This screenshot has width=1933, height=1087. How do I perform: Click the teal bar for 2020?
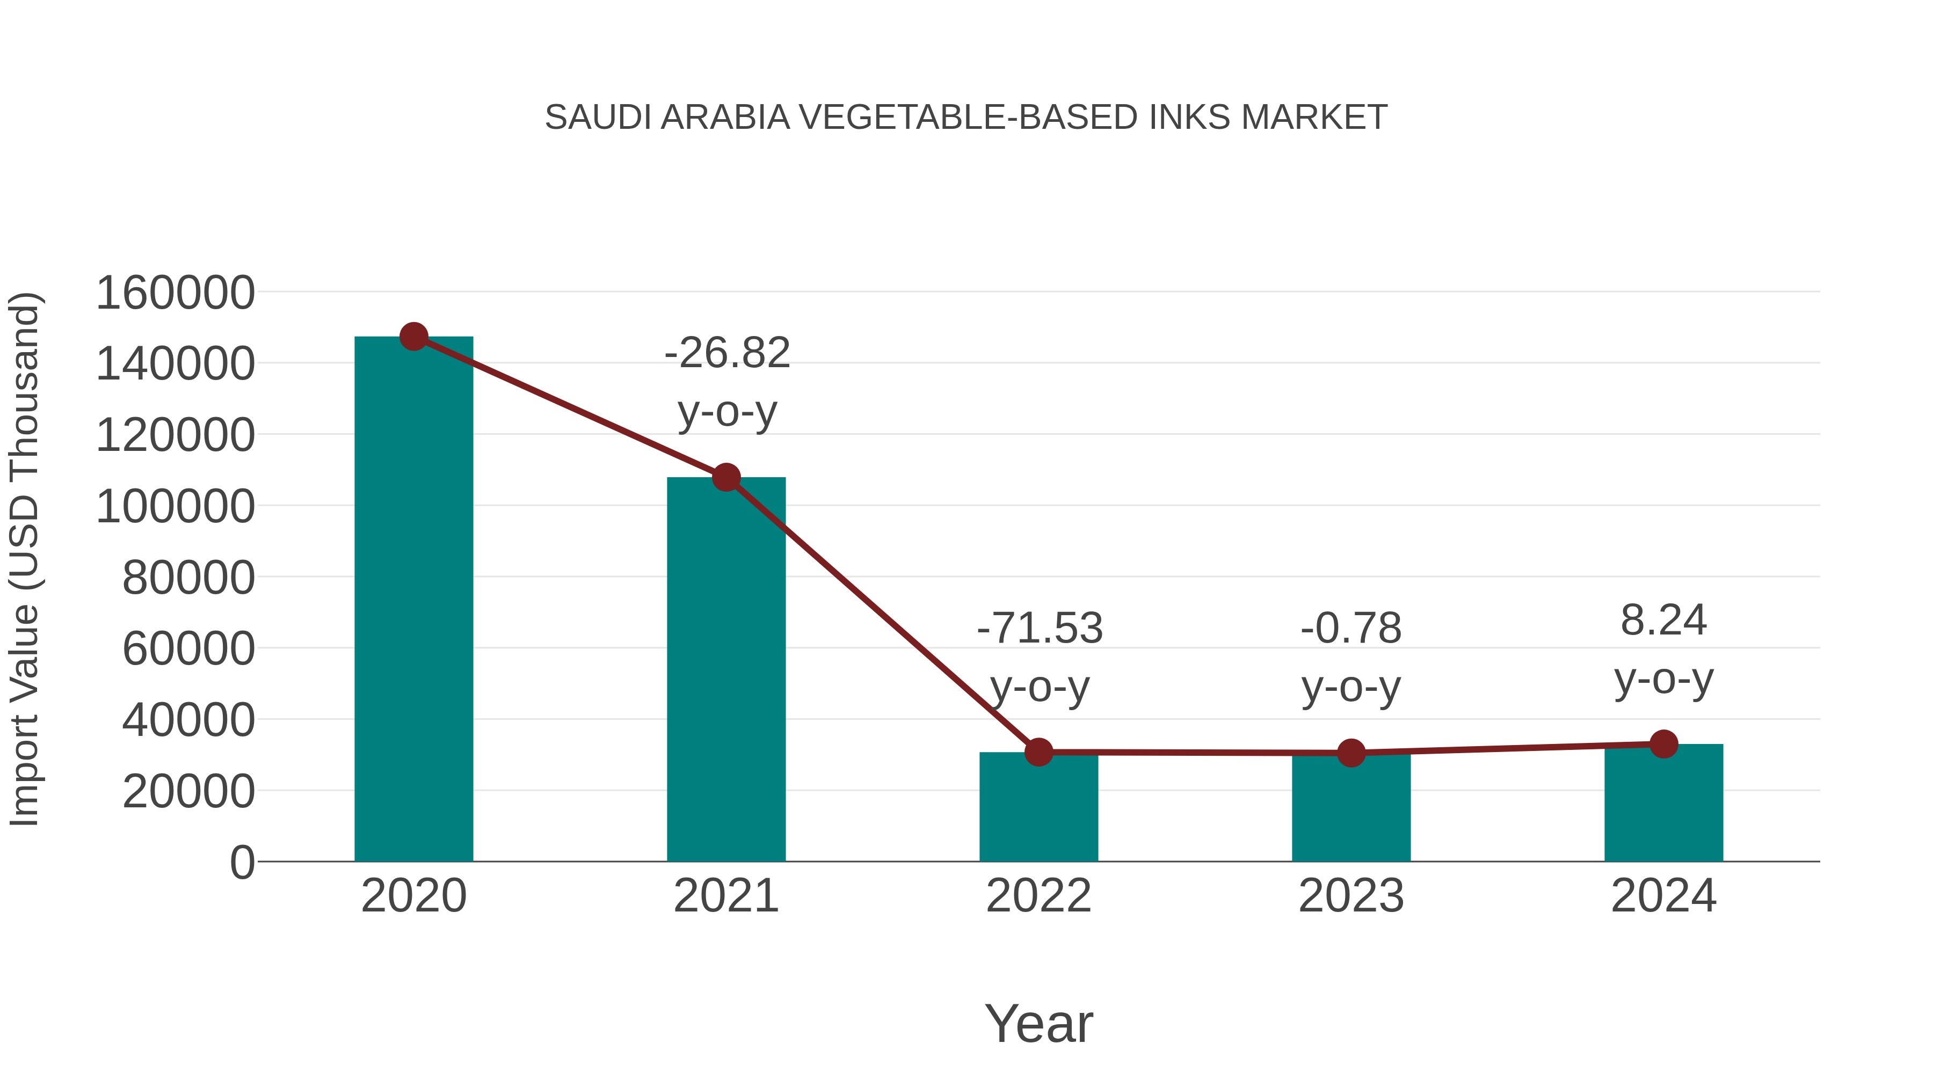tap(413, 600)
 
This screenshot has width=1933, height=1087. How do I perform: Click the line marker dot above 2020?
tap(413, 337)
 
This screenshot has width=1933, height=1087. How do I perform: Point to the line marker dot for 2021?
tap(725, 477)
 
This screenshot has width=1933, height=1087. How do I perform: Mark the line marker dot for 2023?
tap(1351, 753)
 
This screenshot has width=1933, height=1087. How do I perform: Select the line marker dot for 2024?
tap(1663, 744)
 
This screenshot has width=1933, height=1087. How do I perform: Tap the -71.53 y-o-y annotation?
tap(1040, 656)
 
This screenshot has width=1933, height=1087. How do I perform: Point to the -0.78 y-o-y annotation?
tap(1351, 656)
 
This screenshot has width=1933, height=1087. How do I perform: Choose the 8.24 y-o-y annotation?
tap(1663, 649)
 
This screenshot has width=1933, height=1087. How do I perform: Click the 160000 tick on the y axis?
tap(176, 293)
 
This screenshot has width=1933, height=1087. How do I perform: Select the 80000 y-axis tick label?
tap(188, 578)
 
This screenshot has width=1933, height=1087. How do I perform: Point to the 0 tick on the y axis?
tap(242, 862)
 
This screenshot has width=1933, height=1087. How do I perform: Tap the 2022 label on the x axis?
tap(1038, 896)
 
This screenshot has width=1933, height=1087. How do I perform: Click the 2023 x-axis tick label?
tap(1351, 896)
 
